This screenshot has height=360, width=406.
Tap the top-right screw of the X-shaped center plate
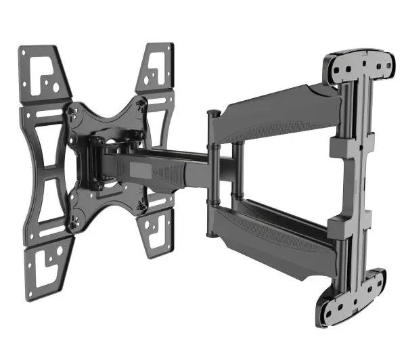point(140,102)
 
